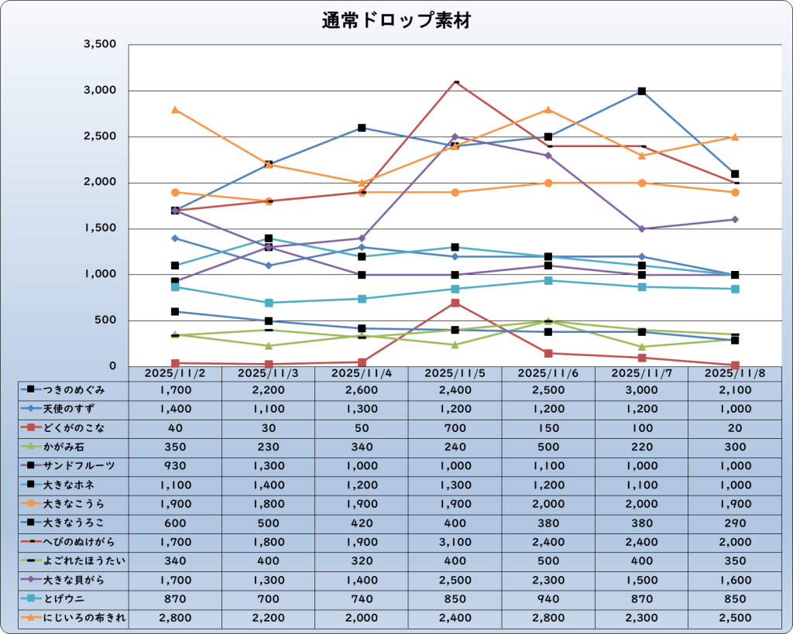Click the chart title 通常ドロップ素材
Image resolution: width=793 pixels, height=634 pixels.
point(396,21)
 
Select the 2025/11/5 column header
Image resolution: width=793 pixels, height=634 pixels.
point(455,372)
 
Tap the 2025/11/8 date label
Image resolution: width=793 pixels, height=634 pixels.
point(735,372)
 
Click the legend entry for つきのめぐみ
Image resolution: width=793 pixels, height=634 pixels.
point(74,390)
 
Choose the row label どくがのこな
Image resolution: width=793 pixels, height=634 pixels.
point(74,428)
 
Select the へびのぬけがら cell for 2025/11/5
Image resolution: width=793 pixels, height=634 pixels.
point(455,542)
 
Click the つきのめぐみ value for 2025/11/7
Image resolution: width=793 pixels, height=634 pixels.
point(641,390)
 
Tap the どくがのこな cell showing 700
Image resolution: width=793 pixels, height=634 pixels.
point(455,428)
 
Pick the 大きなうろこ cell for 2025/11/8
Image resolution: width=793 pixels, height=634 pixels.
point(735,523)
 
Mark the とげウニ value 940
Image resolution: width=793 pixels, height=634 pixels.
point(548,598)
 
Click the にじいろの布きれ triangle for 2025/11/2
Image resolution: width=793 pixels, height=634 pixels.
point(176,110)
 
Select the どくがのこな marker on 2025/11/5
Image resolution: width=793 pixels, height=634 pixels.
point(455,303)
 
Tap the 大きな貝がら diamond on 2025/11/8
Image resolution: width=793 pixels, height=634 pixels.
point(735,220)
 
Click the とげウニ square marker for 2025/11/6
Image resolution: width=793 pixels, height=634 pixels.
point(548,280)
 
